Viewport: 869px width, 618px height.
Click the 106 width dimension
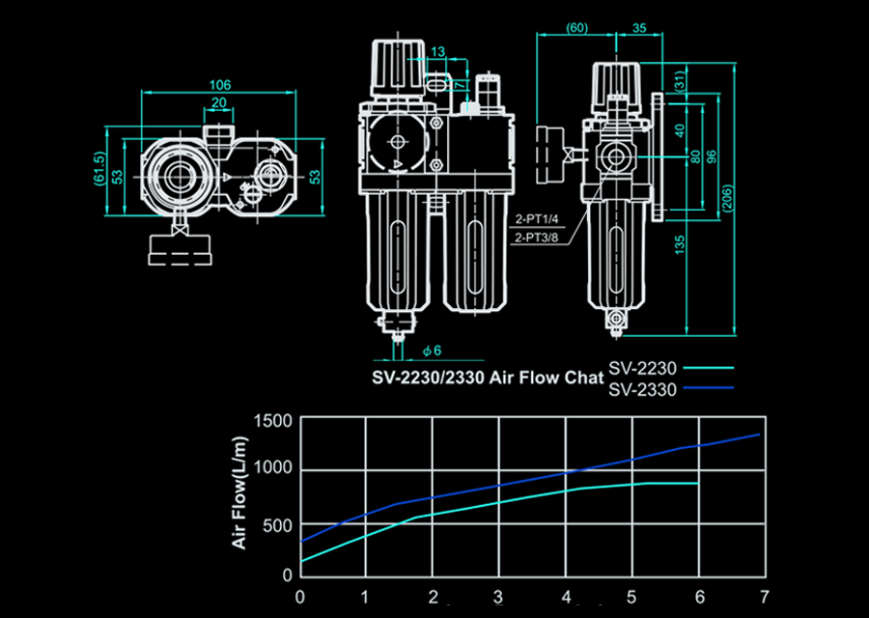click(x=220, y=85)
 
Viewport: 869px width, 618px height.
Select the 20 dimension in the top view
click(x=219, y=102)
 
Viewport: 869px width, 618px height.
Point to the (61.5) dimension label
click(x=99, y=168)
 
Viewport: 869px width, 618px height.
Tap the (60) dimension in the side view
click(x=577, y=28)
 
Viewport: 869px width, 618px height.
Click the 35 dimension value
click(x=639, y=28)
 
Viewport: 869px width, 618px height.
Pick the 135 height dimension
click(x=680, y=245)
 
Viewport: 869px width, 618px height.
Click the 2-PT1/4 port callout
click(x=537, y=219)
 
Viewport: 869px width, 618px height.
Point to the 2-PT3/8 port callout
click(x=537, y=238)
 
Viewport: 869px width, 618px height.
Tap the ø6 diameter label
click(x=432, y=351)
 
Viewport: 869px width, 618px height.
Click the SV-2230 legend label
click(x=642, y=368)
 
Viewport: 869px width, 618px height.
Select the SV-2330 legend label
click(x=642, y=390)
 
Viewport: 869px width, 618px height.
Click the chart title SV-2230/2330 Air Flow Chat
click(x=488, y=378)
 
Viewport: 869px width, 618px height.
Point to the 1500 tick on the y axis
click(x=272, y=421)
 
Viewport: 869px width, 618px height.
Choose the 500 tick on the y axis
click(x=277, y=525)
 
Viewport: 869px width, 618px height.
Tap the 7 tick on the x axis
click(x=765, y=597)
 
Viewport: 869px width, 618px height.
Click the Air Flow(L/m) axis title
click(x=239, y=492)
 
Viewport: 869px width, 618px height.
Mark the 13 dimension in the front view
click(x=437, y=51)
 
